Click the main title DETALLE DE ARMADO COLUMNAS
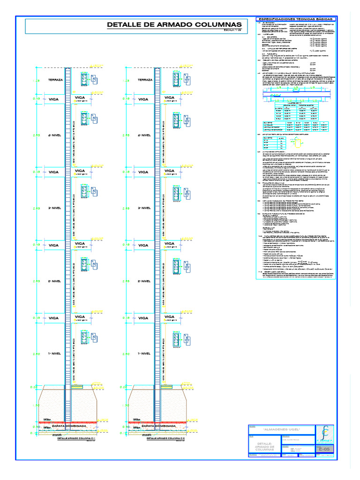click(x=174, y=24)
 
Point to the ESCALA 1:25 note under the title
click(x=232, y=32)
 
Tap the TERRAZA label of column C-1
click(x=55, y=80)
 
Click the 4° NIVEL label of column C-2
click(x=144, y=135)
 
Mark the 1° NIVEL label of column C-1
click(x=55, y=353)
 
